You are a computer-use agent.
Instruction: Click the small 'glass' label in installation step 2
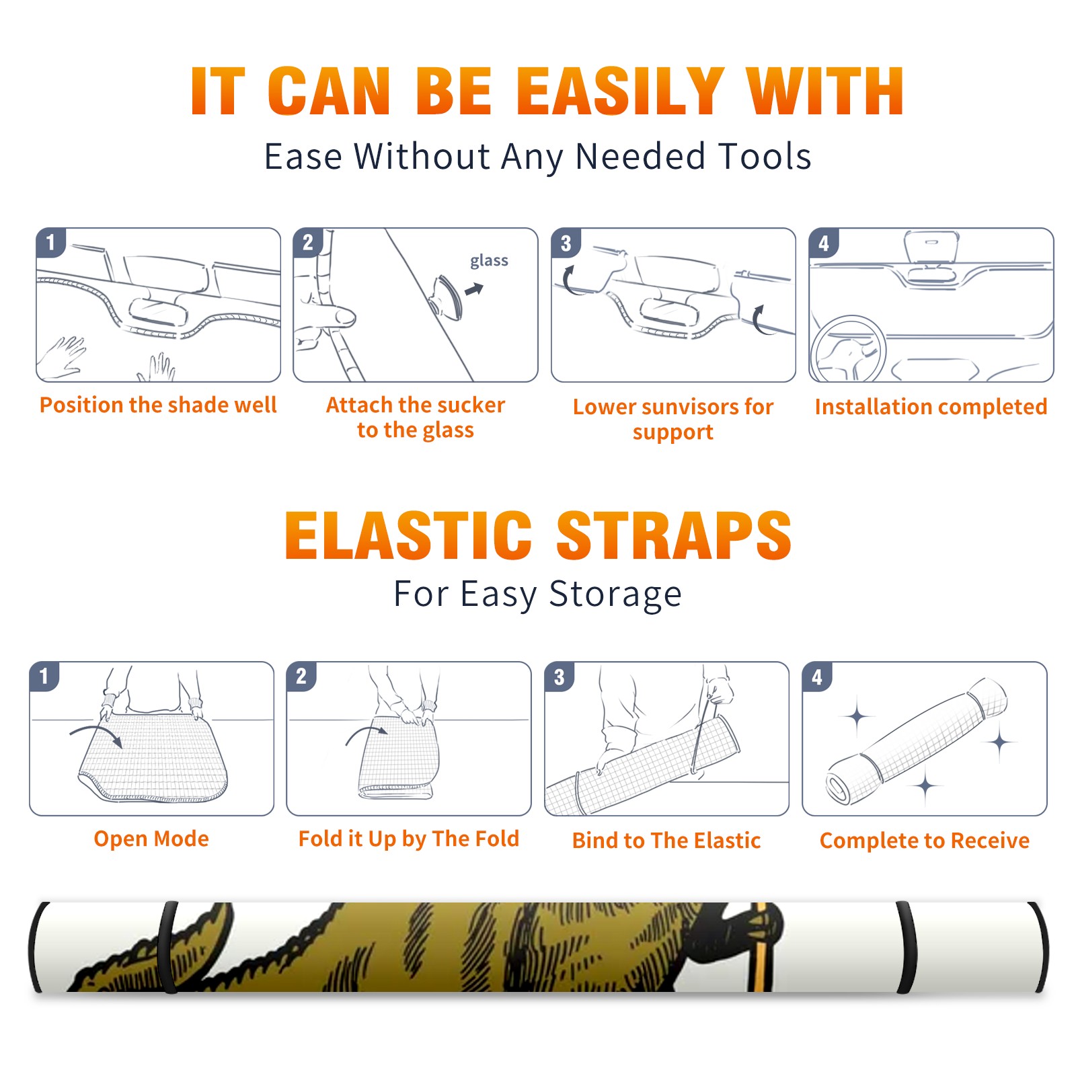pyautogui.click(x=489, y=261)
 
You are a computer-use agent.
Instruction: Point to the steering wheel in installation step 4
pyautogui.click(x=848, y=348)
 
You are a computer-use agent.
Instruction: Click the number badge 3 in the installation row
pyautogui.click(x=566, y=243)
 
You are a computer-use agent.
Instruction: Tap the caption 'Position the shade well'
pyautogui.click(x=158, y=405)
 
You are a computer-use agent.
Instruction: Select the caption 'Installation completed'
pyautogui.click(x=931, y=407)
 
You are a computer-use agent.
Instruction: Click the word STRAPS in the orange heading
pyautogui.click(x=674, y=535)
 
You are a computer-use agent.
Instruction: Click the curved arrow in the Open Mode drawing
pyautogui.click(x=96, y=733)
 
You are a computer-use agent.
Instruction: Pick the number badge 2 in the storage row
pyautogui.click(x=301, y=677)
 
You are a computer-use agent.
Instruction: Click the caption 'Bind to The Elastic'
pyautogui.click(x=666, y=841)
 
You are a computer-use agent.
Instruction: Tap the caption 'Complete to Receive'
pyautogui.click(x=925, y=841)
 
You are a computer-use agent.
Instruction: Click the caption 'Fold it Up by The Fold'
pyautogui.click(x=409, y=839)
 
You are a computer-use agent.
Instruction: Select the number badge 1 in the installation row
pyautogui.click(x=50, y=243)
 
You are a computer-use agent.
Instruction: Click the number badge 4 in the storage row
pyautogui.click(x=817, y=677)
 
